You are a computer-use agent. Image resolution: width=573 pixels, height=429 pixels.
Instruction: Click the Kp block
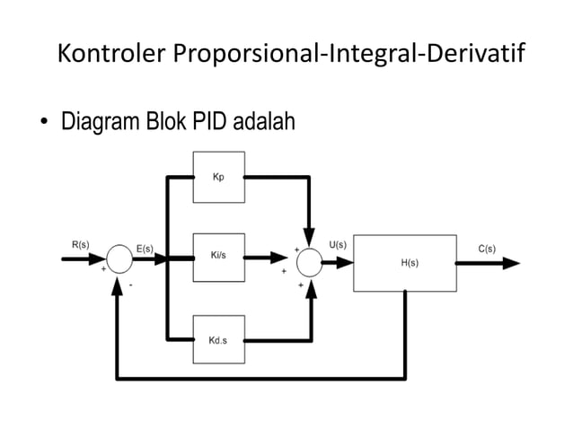(218, 177)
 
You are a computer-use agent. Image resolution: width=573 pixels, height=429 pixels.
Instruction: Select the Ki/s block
(218, 257)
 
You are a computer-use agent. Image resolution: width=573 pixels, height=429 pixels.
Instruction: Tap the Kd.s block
(218, 340)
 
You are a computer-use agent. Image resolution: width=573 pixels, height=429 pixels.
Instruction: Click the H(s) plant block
(404, 262)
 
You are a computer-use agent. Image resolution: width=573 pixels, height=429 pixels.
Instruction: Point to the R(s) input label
(79, 244)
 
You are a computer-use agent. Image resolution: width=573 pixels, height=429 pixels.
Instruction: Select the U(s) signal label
(339, 244)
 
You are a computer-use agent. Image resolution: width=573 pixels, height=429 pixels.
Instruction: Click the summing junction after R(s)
(119, 258)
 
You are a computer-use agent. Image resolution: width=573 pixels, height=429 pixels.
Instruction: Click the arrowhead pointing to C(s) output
(510, 263)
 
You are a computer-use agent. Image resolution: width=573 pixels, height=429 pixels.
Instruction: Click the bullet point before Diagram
(42, 123)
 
